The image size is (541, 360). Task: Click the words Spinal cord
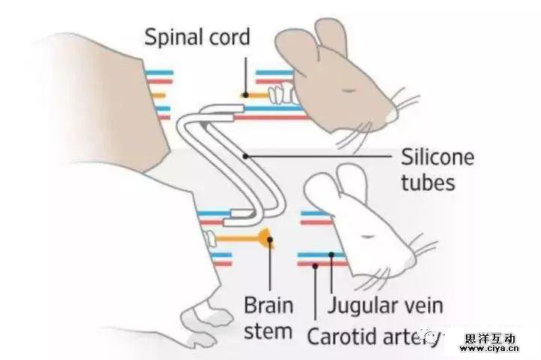197,37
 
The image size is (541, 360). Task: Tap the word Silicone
437,158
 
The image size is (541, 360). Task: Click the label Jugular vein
385,305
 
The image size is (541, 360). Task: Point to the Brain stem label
268,318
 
